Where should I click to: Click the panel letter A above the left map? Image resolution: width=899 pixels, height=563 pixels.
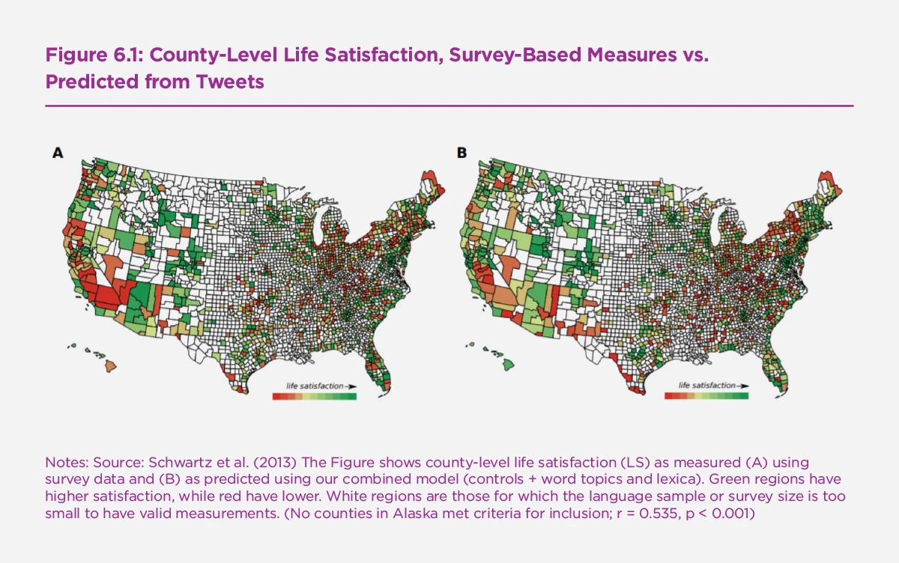pos(58,153)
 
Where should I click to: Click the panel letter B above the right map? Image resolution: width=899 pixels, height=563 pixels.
pos(461,153)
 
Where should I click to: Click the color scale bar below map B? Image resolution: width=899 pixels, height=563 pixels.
pos(706,395)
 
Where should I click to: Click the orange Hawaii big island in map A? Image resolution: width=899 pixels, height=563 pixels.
pos(110,365)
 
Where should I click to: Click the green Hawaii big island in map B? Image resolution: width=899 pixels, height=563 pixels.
pos(508,364)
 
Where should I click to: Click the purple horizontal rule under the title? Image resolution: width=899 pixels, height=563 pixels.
pos(449,106)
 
